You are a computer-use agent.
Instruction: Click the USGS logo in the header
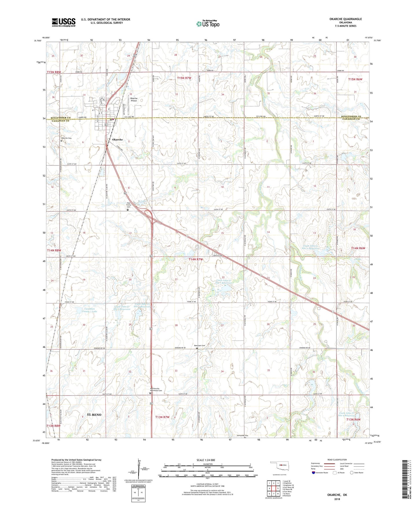click(64, 22)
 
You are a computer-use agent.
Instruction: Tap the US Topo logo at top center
click(208, 24)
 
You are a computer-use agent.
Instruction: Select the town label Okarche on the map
click(115, 139)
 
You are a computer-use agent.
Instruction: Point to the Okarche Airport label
click(134, 99)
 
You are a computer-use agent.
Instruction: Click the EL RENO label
click(94, 414)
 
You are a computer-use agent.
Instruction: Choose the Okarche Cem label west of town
click(66, 138)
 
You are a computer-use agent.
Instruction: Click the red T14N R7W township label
click(196, 259)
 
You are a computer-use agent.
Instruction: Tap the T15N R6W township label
click(355, 79)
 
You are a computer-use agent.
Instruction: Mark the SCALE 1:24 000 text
click(206, 460)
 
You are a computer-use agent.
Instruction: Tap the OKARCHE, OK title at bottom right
click(337, 495)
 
